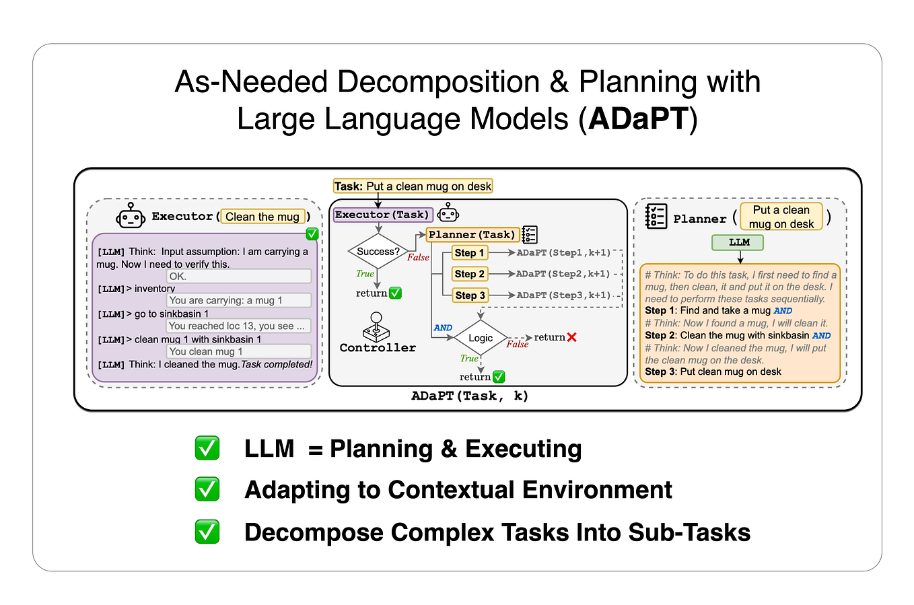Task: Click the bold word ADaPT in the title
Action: pyautogui.click(x=638, y=119)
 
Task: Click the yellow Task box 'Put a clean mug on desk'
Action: pyautogui.click(x=413, y=186)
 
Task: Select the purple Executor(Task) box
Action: pyautogui.click(x=382, y=215)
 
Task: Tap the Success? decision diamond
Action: pyautogui.click(x=378, y=252)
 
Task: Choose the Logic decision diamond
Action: pyautogui.click(x=480, y=338)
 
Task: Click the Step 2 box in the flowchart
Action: pyautogui.click(x=469, y=274)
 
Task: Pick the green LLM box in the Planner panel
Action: pyautogui.click(x=738, y=242)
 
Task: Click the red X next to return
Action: pyautogui.click(x=571, y=337)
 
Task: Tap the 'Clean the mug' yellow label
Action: pyautogui.click(x=262, y=217)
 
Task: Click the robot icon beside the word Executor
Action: pyautogui.click(x=131, y=217)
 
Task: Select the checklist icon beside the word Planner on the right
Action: pyautogui.click(x=656, y=217)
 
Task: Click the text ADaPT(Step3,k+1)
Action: pyautogui.click(x=563, y=295)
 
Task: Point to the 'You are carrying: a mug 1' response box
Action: pyautogui.click(x=239, y=300)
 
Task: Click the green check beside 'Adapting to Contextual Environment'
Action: pyautogui.click(x=207, y=489)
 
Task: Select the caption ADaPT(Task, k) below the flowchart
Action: pyautogui.click(x=469, y=396)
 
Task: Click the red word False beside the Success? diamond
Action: pyautogui.click(x=417, y=258)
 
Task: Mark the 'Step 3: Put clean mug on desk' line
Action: pyautogui.click(x=713, y=371)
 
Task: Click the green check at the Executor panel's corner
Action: pyautogui.click(x=312, y=234)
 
